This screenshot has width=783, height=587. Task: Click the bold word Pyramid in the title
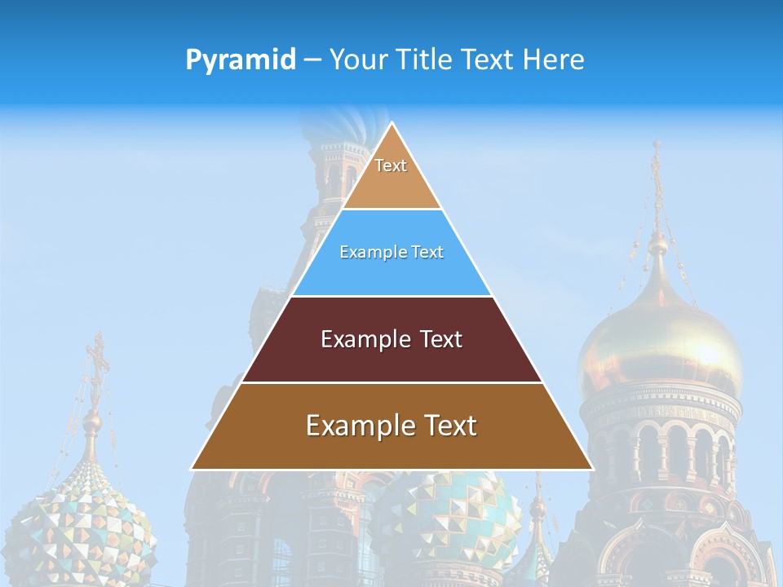point(240,60)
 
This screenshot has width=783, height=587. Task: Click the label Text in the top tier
point(391,166)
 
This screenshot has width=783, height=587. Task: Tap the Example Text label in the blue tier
point(391,252)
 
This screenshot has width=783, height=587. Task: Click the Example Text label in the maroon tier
point(391,339)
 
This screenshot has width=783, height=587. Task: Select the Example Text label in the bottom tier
point(391,426)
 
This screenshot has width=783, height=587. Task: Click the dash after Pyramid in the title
point(312,60)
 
